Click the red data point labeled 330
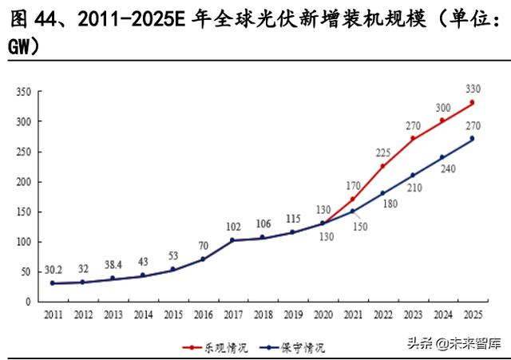[472, 102]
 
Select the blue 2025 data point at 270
[472, 139]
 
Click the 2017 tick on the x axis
[232, 314]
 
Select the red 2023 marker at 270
[412, 138]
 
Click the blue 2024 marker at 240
[442, 157]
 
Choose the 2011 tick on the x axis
[53, 314]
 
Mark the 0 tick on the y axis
[28, 302]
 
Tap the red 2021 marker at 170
[352, 199]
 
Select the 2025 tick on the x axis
[472, 314]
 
